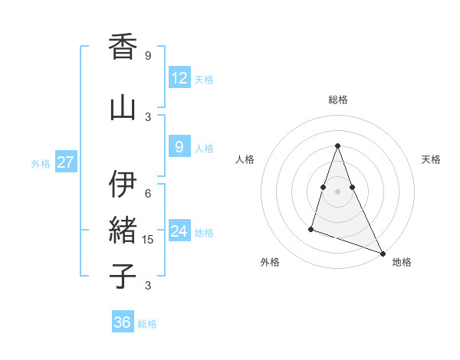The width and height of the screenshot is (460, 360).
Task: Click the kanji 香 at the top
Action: tap(123, 47)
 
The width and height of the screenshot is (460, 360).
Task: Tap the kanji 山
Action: tap(123, 108)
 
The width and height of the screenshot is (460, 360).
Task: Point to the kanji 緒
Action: tap(123, 230)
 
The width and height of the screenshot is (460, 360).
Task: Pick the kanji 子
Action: tap(123, 276)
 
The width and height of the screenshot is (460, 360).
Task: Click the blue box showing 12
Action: tap(179, 77)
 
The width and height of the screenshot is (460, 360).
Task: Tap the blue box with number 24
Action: tap(179, 231)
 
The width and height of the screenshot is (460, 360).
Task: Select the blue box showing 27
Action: tap(65, 162)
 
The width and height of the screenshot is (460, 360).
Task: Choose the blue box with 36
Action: tap(123, 322)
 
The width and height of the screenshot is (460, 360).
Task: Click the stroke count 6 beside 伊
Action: tap(148, 193)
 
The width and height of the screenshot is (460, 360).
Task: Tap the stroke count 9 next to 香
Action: tap(148, 55)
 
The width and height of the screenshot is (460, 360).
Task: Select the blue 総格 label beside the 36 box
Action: tap(147, 324)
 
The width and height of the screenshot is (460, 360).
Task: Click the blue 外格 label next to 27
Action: tap(41, 163)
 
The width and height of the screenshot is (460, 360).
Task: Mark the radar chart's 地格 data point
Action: tap(383, 254)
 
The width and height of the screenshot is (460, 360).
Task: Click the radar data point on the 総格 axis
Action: tap(337, 146)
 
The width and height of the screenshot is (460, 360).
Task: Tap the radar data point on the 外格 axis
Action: tap(311, 228)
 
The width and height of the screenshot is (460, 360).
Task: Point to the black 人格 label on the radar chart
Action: tap(245, 159)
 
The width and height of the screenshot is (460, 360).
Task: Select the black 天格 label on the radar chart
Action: tap(431, 159)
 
